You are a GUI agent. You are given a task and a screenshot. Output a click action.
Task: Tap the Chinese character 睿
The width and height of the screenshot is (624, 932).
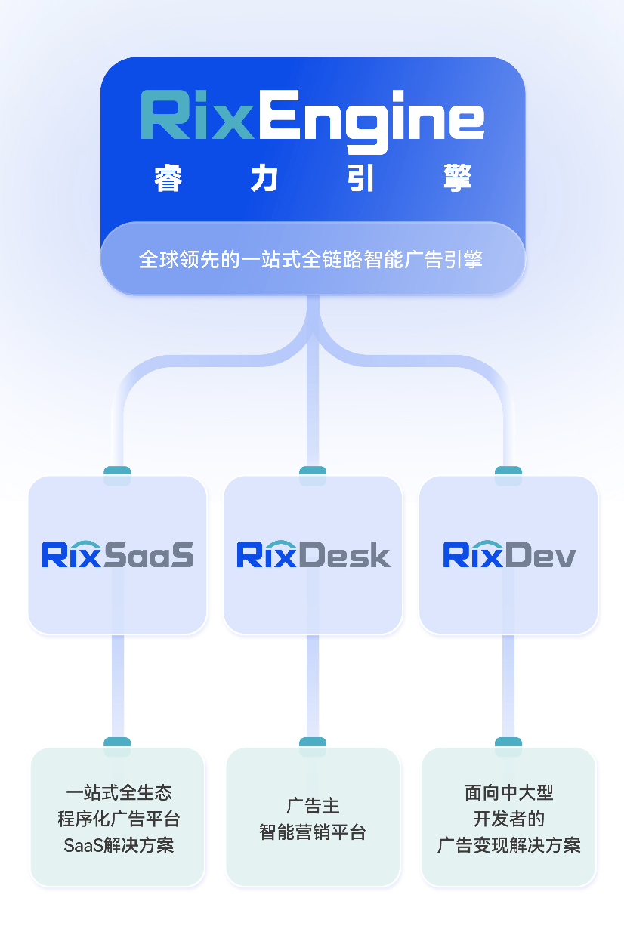point(168,179)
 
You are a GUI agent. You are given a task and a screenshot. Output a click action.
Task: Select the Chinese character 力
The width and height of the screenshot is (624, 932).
point(264,179)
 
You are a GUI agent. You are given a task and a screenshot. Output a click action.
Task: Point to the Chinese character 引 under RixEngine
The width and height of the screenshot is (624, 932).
point(362,179)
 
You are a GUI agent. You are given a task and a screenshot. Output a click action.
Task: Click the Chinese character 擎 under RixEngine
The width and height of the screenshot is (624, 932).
point(458,179)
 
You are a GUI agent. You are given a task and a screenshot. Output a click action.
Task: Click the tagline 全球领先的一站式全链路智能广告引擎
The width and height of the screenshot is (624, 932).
point(310,260)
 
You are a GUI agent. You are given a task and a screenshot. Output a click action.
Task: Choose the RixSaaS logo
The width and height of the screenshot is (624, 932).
point(118,554)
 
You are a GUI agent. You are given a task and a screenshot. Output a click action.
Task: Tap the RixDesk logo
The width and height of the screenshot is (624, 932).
point(314,554)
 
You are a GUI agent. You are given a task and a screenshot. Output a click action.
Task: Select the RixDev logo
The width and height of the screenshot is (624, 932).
point(508,554)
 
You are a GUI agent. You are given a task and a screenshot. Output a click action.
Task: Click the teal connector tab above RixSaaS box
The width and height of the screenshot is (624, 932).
point(117,475)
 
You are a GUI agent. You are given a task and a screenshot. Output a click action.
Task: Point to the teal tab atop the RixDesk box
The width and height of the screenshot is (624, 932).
point(313,475)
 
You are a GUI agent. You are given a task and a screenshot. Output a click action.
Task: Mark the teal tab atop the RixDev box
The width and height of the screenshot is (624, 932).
point(508,475)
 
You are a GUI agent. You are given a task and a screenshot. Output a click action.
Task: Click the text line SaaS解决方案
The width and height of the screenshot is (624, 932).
point(119,845)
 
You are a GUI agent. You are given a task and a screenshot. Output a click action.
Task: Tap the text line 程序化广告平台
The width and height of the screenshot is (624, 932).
point(119,819)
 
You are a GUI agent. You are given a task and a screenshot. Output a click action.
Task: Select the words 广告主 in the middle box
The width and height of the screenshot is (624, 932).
point(313,805)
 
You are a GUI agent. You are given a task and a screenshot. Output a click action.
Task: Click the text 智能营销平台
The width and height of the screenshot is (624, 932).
point(313,832)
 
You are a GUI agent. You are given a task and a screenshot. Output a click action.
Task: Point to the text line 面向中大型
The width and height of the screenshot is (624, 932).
point(508,792)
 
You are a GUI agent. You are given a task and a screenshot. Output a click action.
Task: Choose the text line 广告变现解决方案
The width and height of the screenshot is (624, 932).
point(508,845)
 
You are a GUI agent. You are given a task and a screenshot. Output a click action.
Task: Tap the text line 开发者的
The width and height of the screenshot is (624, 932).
point(508,819)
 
